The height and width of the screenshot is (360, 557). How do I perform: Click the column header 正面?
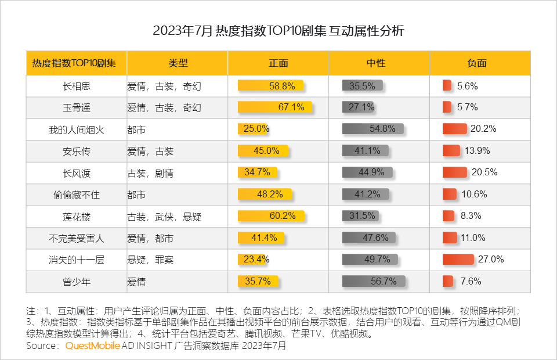click(278, 63)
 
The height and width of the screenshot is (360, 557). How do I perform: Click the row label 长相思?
click(77, 86)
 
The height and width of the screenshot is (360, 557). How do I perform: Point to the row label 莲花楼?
click(77, 217)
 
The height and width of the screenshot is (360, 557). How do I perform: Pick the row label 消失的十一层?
click(77, 260)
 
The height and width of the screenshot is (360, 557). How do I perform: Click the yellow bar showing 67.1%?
click(275, 107)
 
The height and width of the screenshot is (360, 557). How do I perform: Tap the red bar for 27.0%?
click(458, 260)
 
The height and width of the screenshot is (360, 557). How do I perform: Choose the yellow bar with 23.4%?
click(253, 260)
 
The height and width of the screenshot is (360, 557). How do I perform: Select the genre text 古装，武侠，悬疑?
click(164, 217)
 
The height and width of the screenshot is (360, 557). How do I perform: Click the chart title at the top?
click(278, 31)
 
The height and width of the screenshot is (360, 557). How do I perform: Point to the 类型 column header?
click(178, 63)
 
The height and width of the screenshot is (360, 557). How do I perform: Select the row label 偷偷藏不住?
click(77, 195)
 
